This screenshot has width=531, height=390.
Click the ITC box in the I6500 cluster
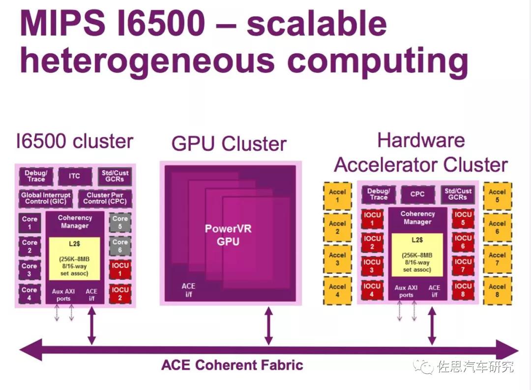(x=74, y=176)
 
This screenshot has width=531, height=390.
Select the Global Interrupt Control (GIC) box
(x=45, y=198)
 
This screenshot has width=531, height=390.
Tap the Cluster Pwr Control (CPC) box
(x=105, y=198)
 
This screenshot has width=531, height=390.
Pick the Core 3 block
(x=29, y=270)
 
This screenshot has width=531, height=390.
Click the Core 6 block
(x=120, y=246)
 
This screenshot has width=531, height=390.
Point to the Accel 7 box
(x=497, y=260)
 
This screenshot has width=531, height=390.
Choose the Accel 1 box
(x=337, y=196)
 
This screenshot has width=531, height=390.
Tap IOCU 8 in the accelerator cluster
(x=463, y=290)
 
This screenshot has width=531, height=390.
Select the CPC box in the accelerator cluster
(x=417, y=194)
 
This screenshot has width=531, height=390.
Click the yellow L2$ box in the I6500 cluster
(x=74, y=258)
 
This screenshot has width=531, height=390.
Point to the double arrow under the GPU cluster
(x=268, y=325)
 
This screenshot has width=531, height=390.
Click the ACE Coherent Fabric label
(x=232, y=365)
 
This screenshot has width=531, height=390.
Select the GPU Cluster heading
(x=229, y=144)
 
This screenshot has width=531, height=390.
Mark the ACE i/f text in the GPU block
(x=188, y=290)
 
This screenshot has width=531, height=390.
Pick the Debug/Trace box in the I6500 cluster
(x=36, y=176)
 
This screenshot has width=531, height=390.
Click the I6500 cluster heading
(x=74, y=141)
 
